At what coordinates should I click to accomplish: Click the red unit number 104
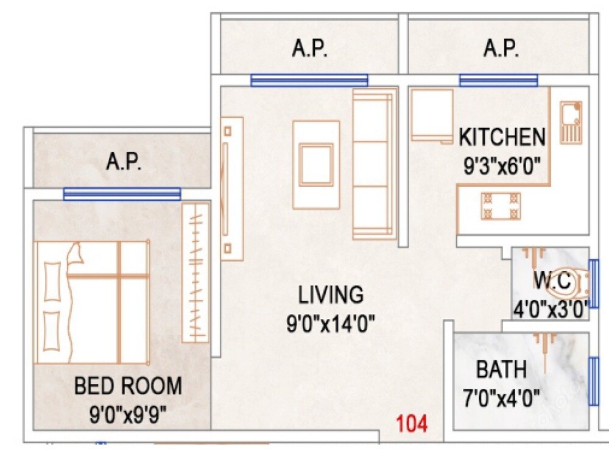412,423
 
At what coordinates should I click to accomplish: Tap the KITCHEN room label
502,137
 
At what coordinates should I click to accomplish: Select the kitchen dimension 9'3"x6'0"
502,165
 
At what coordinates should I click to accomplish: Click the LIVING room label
331,294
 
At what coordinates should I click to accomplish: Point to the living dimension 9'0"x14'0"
330,323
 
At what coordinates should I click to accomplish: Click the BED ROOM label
128,386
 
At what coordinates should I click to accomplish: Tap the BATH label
501,369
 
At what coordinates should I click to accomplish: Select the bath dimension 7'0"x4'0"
501,399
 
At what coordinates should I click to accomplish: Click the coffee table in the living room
316,165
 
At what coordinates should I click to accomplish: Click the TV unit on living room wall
231,188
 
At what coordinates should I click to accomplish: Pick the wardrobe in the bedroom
195,273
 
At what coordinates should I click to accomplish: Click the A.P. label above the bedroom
124,162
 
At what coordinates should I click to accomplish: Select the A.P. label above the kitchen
501,49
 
